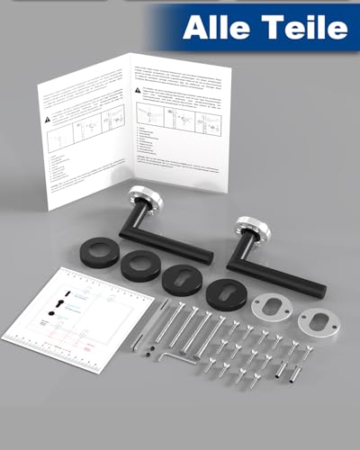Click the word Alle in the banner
click(x=215, y=28)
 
